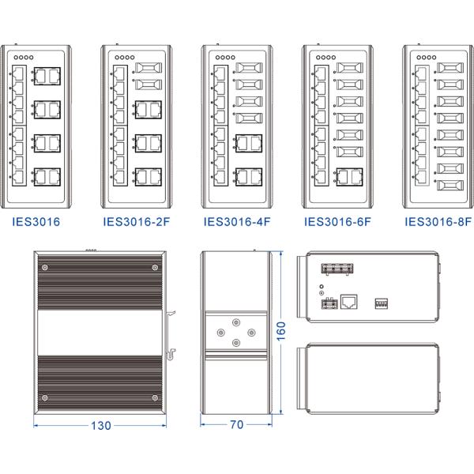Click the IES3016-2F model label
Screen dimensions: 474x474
click(136, 223)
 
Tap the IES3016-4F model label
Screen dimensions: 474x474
click(237, 223)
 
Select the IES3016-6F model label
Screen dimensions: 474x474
click(338, 223)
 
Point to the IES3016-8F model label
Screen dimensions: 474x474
click(438, 223)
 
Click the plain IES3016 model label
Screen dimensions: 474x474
click(36, 223)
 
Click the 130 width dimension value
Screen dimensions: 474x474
click(100, 426)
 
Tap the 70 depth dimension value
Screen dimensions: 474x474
click(235, 426)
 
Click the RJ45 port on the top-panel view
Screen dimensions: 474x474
click(348, 301)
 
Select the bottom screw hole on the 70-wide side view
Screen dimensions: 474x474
click(236, 343)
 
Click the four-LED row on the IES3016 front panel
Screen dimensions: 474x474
click(24, 58)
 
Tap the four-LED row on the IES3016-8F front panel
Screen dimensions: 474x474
click(427, 58)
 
